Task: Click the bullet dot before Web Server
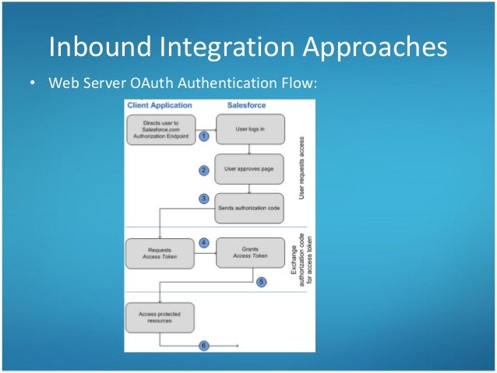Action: click(34, 83)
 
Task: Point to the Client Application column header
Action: click(160, 104)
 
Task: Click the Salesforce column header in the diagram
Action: click(248, 104)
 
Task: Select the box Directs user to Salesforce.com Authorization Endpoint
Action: click(160, 128)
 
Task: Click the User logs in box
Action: click(248, 128)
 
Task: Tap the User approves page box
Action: click(248, 167)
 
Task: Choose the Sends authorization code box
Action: click(248, 206)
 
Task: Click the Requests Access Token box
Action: click(160, 252)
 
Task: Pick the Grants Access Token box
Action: click(248, 252)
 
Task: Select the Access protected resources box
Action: click(160, 317)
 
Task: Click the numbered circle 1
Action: click(204, 135)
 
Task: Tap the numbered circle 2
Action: click(204, 170)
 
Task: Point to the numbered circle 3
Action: click(204, 199)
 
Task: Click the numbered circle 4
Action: click(204, 243)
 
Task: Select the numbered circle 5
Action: click(262, 282)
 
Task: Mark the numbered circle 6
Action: click(204, 345)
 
